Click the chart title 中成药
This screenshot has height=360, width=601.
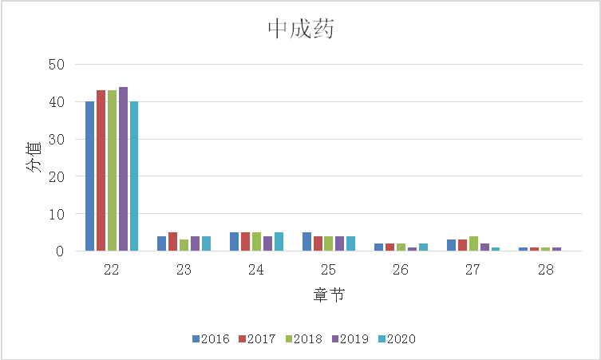(300, 30)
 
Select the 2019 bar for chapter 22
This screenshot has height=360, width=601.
(123, 169)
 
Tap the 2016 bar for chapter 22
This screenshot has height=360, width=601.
(89, 176)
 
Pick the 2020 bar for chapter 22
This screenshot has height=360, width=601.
(134, 176)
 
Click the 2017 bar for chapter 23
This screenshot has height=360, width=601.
(172, 242)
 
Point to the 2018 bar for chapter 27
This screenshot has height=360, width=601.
(473, 243)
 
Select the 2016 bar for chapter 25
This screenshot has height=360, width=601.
(306, 242)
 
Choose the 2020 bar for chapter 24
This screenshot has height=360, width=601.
(279, 242)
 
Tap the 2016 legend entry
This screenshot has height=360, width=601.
(211, 339)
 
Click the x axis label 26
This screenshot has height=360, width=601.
(401, 270)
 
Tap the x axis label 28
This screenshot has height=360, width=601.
(545, 270)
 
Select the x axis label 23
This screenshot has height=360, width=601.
(184, 270)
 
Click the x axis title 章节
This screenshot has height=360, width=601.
(328, 296)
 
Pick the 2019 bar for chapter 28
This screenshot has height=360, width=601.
(557, 249)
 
